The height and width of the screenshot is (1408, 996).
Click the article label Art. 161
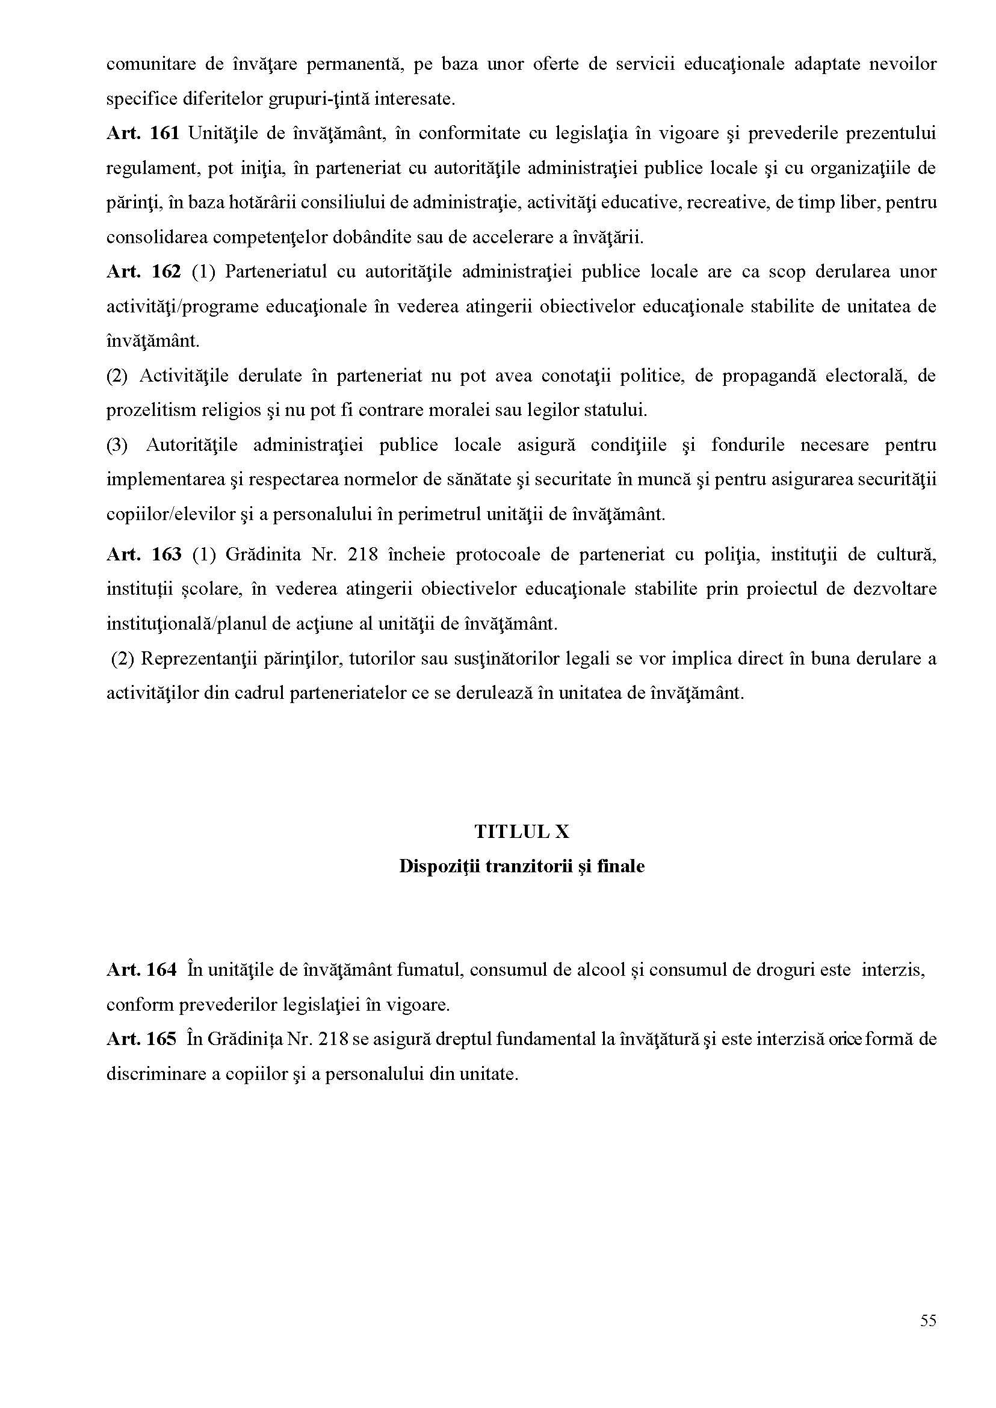[142, 134]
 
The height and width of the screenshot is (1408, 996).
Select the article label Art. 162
[143, 271]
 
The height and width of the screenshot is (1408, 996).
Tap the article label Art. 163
[143, 554]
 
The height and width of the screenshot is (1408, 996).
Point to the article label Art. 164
[141, 970]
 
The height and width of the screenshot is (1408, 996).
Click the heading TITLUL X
[521, 832]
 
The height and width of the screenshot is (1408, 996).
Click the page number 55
[928, 1321]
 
